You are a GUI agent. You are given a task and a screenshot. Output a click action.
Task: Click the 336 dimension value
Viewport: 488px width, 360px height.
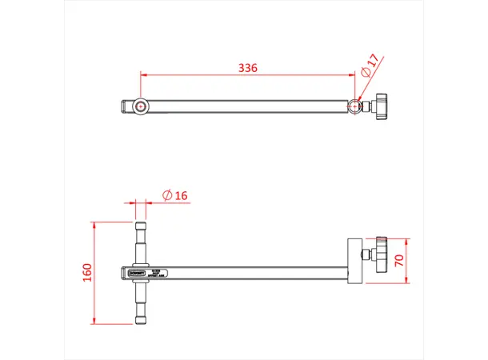point(248,68)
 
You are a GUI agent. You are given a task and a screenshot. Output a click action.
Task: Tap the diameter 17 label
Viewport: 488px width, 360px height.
point(370,66)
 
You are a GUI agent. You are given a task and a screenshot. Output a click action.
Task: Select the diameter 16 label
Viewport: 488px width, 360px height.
point(174,195)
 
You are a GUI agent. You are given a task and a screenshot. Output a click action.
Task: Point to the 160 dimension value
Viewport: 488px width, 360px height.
point(87,272)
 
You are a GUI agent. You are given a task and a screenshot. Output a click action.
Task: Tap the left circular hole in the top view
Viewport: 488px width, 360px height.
point(142,106)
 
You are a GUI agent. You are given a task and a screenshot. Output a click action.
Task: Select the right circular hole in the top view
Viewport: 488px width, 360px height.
point(354,106)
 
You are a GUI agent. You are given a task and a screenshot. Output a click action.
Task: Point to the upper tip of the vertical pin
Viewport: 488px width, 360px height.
point(141,226)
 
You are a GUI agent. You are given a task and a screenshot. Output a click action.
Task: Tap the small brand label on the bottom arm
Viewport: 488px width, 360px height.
point(138,273)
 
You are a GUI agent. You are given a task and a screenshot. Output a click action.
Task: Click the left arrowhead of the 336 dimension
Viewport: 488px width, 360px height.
point(144,74)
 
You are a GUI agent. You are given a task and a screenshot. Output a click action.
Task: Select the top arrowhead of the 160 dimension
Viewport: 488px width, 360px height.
point(95,225)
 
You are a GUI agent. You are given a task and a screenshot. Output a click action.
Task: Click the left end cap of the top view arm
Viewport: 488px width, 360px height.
point(125,106)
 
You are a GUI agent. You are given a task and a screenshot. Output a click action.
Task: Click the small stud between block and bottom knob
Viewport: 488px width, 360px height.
point(366,255)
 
